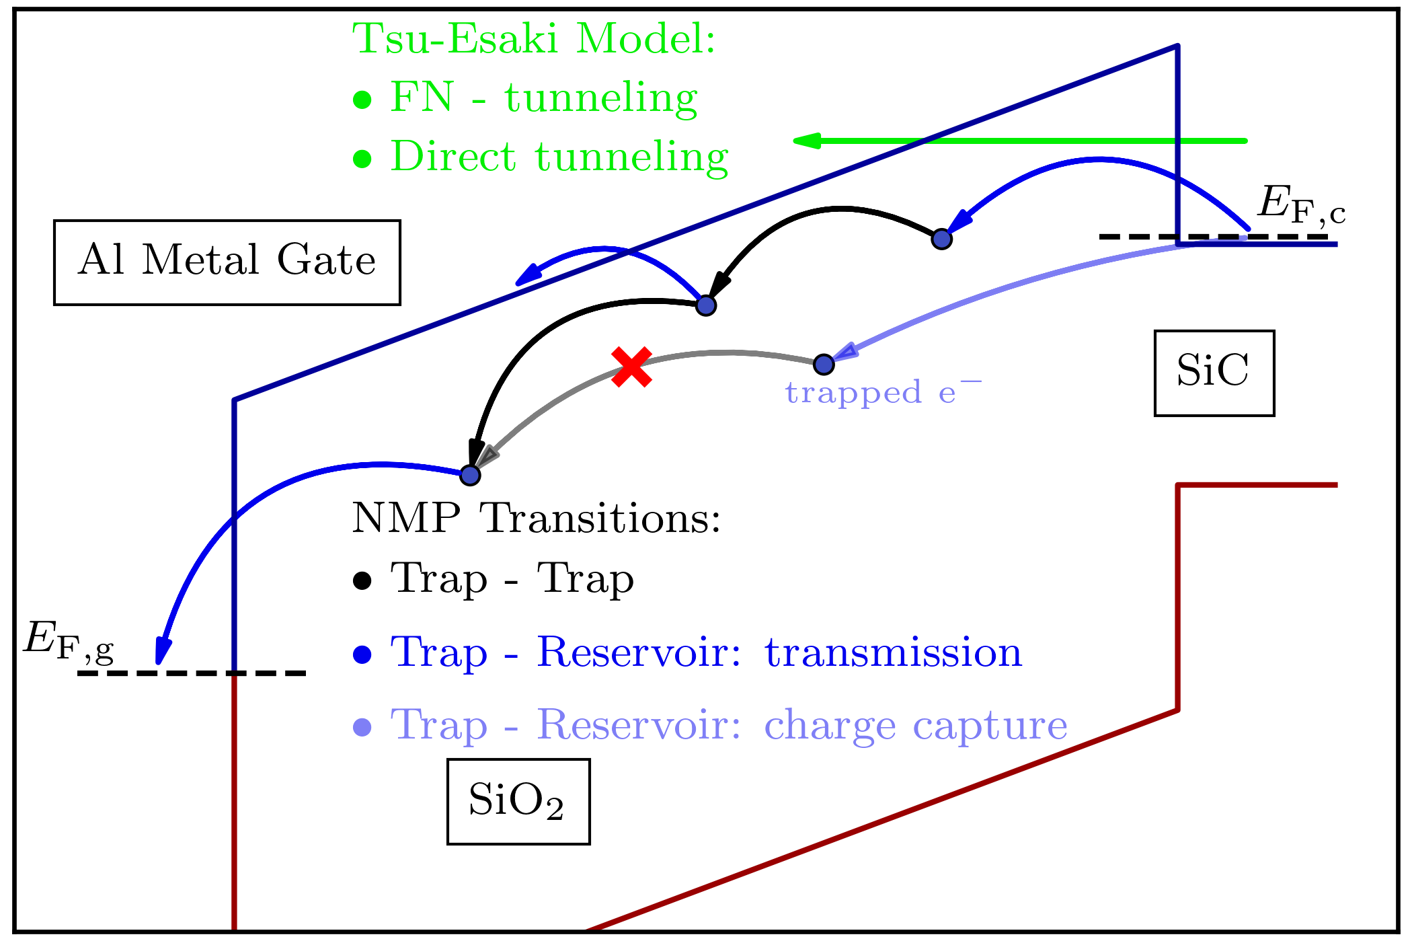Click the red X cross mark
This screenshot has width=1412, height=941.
[x=631, y=367]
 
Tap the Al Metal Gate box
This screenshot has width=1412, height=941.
[x=227, y=262]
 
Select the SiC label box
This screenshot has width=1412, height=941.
[x=1214, y=373]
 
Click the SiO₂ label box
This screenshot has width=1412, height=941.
[x=518, y=801]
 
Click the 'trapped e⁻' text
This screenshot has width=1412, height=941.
[x=883, y=393]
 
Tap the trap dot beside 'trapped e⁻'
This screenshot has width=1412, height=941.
[x=824, y=364]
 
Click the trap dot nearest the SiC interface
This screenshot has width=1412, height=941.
[x=941, y=239]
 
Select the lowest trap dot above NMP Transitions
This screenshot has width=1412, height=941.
[x=470, y=475]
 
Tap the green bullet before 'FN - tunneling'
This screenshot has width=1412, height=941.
[x=362, y=100]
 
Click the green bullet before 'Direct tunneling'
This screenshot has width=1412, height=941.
[x=362, y=159]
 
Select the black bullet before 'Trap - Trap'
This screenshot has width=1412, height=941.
[x=362, y=581]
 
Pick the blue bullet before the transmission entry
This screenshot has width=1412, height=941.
[x=362, y=654]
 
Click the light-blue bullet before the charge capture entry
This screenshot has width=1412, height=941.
[x=362, y=727]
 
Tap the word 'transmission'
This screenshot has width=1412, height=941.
[x=893, y=652]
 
